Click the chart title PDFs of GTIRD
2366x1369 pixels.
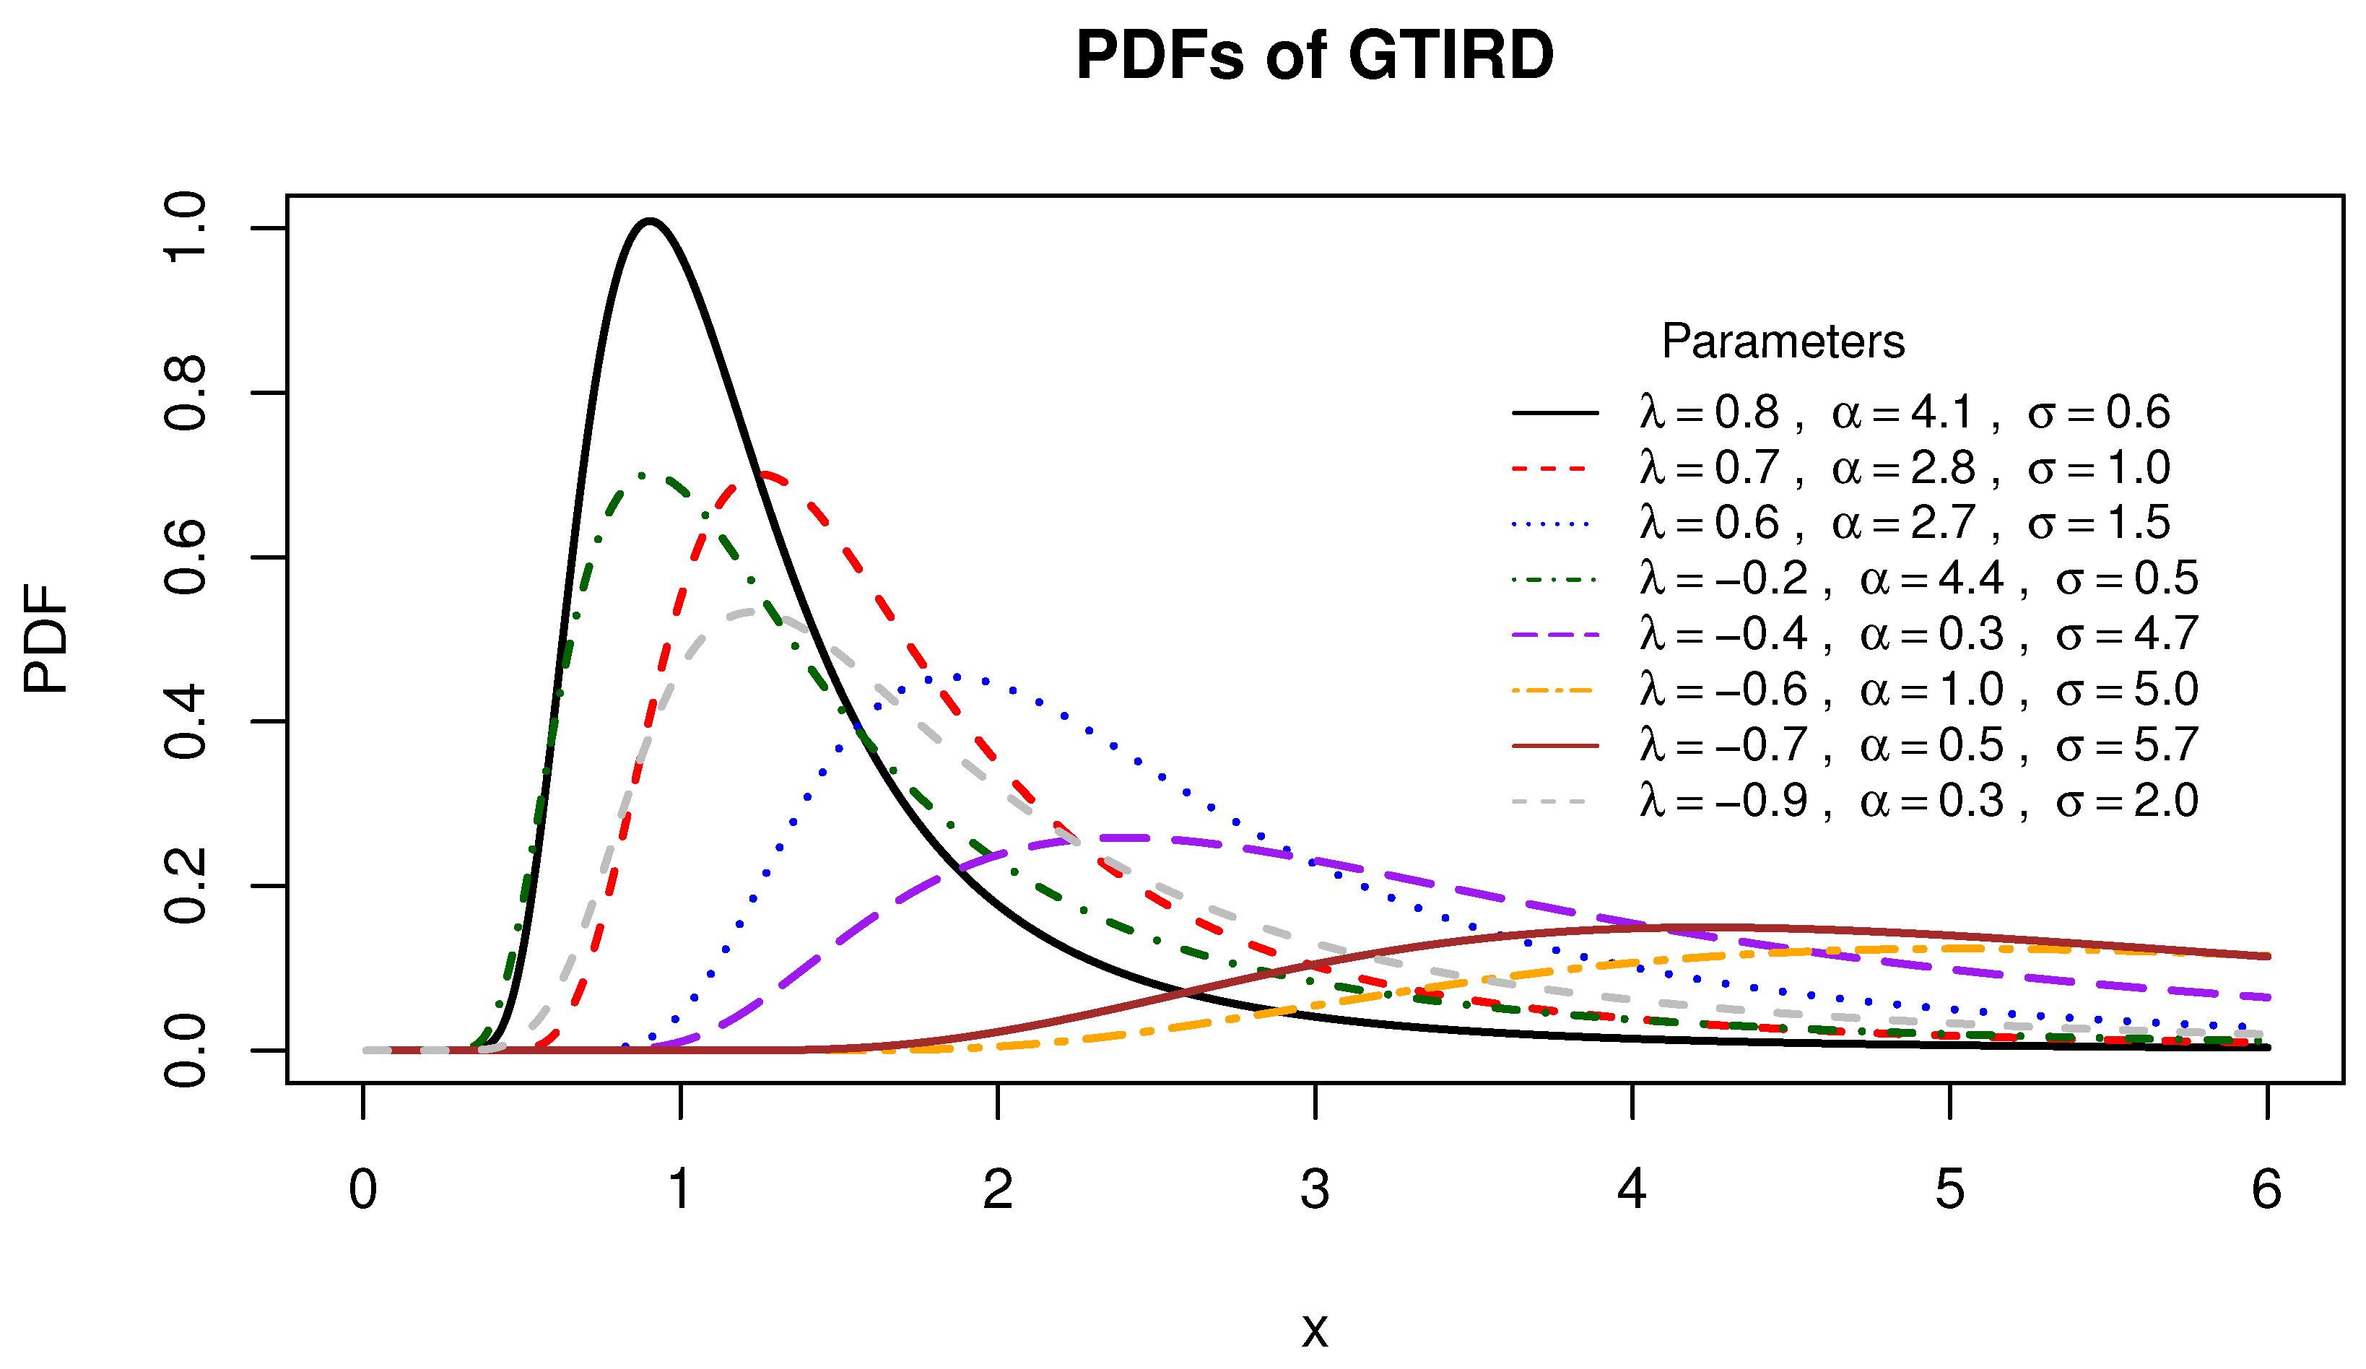[x=1315, y=56]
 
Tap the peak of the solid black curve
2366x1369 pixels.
[x=650, y=222]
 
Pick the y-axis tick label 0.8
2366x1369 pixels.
[x=185, y=393]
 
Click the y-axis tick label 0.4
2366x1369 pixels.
[x=185, y=721]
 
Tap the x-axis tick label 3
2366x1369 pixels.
[x=1315, y=1190]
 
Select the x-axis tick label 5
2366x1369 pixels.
[x=1949, y=1190]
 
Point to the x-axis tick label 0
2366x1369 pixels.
[x=363, y=1190]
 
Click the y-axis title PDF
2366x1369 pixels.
[x=47, y=638]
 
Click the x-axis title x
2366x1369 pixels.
[x=1315, y=1329]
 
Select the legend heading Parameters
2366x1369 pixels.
[x=1782, y=341]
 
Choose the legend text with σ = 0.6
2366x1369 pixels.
[x=1904, y=412]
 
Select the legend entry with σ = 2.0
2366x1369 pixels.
[x=1918, y=801]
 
